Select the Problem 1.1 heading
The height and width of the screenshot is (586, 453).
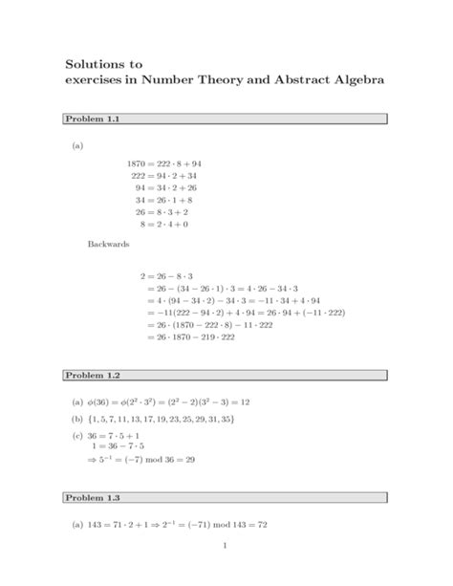click(91, 119)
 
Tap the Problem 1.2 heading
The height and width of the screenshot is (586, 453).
click(91, 374)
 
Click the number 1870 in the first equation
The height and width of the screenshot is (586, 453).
click(139, 163)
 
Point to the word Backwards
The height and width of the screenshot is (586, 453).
click(108, 245)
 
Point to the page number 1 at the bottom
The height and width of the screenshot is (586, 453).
click(223, 572)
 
